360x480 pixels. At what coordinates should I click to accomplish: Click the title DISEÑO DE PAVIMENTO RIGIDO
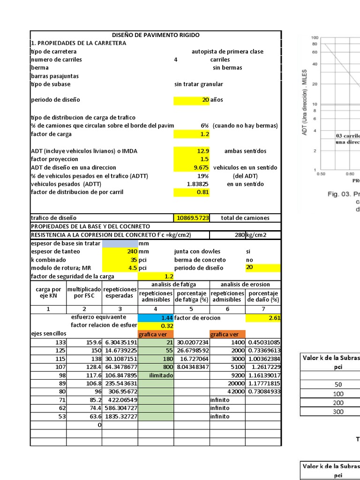tap(156, 35)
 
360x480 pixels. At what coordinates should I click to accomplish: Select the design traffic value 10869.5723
tap(193, 218)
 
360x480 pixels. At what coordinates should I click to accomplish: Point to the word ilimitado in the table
tap(156, 375)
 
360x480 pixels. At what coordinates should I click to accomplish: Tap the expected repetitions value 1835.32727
tap(121, 416)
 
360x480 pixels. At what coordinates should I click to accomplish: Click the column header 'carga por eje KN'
tap(48, 293)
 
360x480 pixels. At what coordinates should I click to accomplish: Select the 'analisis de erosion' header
tap(245, 285)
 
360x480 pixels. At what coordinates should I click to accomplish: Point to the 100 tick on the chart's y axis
tap(315, 37)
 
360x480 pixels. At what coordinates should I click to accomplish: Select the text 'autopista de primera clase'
tap(228, 52)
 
